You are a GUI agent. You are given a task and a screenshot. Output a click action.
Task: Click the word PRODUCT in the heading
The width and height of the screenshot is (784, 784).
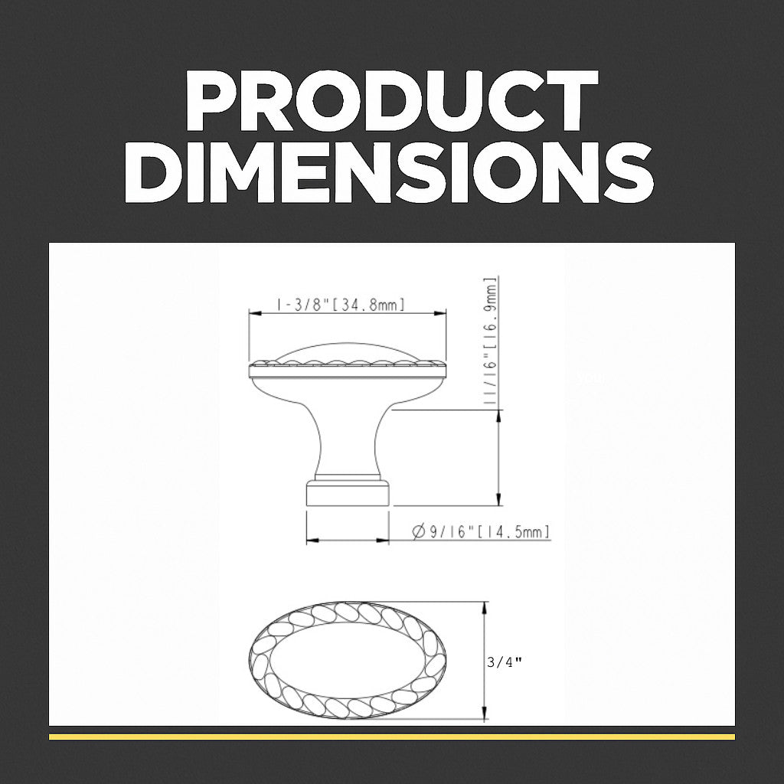[x=392, y=100]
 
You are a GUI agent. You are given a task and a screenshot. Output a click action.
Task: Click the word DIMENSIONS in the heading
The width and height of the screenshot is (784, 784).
[x=389, y=172]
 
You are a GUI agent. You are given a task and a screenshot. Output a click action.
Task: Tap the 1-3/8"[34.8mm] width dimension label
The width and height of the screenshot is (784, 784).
[x=340, y=305]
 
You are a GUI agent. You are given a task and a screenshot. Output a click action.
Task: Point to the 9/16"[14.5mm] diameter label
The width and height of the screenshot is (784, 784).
[x=482, y=531]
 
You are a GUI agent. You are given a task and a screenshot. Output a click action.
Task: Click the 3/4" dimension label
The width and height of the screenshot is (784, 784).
[x=505, y=662]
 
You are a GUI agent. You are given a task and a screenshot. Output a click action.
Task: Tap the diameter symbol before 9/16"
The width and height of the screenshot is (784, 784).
[x=419, y=531]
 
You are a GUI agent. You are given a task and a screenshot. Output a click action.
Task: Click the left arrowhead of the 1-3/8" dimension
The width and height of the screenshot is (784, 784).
[x=255, y=313]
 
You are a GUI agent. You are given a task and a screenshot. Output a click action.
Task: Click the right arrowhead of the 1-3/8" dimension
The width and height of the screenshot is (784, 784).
[x=440, y=313]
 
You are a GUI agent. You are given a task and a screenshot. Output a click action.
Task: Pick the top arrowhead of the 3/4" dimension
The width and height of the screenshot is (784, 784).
[x=484, y=608]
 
